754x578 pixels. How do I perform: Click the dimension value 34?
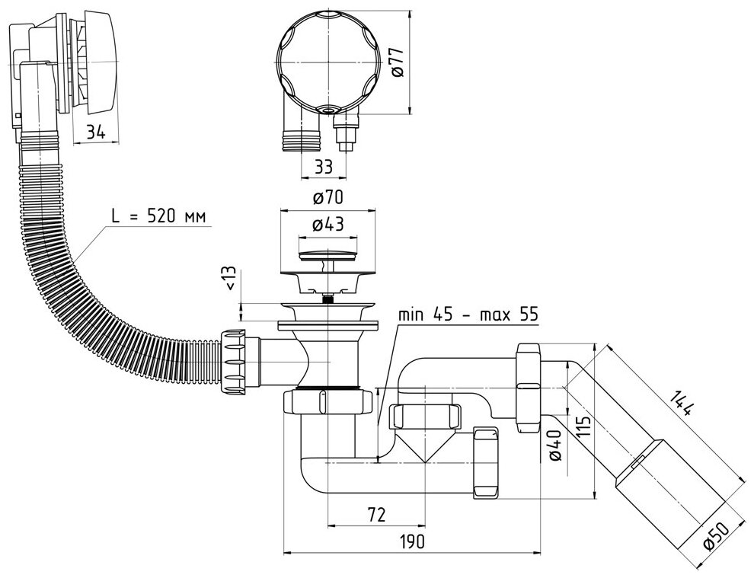(95, 132)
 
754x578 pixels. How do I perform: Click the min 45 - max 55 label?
(469, 315)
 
